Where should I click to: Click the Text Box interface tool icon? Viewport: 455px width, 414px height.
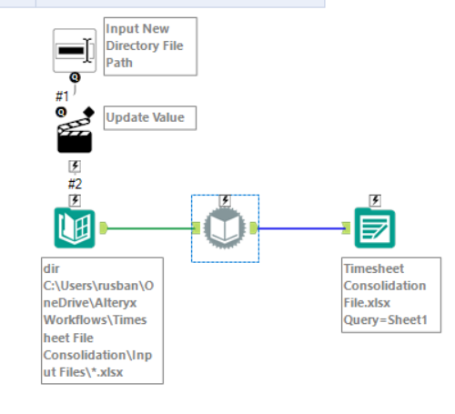(x=74, y=50)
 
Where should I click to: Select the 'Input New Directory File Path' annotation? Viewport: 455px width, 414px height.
(x=149, y=45)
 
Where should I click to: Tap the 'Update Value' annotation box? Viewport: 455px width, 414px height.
(x=149, y=118)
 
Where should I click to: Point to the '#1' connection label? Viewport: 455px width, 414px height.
(x=63, y=95)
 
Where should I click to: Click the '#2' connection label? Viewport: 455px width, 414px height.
(x=75, y=183)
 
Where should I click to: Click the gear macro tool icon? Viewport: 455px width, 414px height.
(x=225, y=228)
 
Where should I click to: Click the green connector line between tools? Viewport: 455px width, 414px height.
(x=150, y=227)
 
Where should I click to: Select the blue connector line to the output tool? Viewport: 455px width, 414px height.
(x=300, y=228)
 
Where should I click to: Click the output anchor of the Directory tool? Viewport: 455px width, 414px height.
(x=105, y=227)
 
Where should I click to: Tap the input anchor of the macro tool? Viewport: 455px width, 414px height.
(x=197, y=227)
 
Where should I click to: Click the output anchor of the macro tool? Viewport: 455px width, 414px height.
(x=253, y=227)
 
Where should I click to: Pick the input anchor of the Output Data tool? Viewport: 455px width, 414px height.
(x=348, y=228)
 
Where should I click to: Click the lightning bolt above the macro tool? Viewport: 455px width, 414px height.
(x=225, y=200)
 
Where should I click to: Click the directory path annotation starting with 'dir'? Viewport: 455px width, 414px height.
(x=102, y=322)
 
